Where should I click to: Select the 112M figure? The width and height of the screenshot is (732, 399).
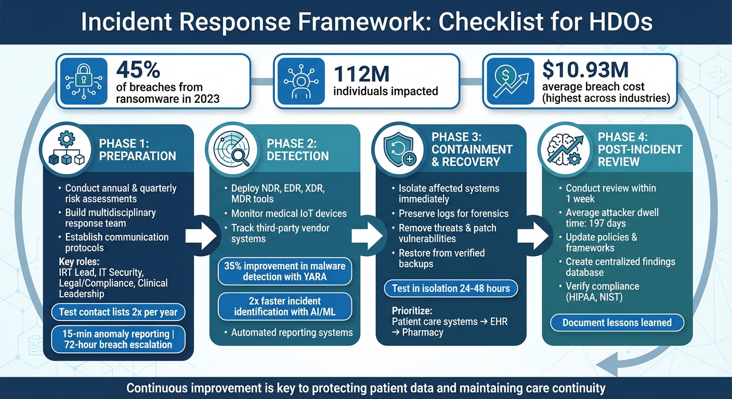(x=361, y=74)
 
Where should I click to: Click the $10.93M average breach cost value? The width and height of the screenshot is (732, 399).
(x=584, y=70)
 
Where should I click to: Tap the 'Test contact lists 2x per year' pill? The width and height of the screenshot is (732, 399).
(x=118, y=312)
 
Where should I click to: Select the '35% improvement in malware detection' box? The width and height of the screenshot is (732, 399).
(x=284, y=271)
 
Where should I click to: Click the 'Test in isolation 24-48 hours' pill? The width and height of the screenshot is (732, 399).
(x=450, y=288)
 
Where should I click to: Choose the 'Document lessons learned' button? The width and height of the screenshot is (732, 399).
(x=617, y=323)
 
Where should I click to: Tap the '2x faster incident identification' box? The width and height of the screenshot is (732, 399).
(x=284, y=307)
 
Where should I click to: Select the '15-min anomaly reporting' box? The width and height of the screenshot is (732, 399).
(x=118, y=339)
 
